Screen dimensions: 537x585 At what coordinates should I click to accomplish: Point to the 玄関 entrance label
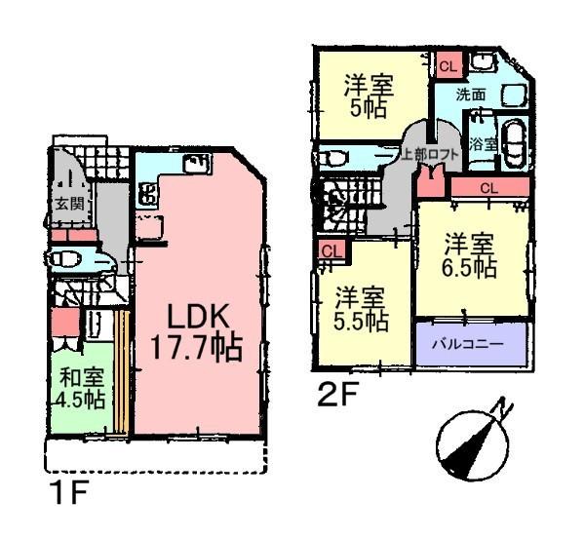(x=68, y=205)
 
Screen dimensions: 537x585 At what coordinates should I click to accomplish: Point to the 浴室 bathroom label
(x=481, y=142)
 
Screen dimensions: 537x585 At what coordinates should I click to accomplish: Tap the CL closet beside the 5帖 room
(x=447, y=66)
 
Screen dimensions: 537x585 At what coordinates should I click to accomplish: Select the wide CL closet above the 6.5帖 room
(x=489, y=186)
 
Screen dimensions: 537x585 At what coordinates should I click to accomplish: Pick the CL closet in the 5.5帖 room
(x=331, y=250)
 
